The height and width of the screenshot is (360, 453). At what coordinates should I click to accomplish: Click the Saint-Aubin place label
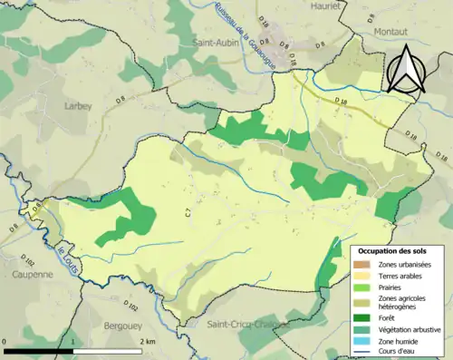(x=216, y=42)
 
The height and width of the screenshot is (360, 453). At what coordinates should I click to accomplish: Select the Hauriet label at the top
(x=303, y=5)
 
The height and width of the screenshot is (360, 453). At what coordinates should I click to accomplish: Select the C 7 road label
(x=188, y=211)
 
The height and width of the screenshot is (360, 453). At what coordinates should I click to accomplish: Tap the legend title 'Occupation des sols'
(x=392, y=250)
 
